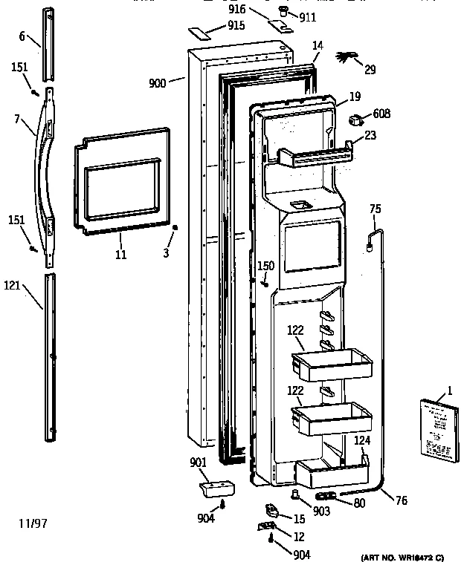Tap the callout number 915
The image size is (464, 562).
point(236,26)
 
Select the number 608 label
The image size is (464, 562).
point(381,114)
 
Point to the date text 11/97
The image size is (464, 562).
point(33,523)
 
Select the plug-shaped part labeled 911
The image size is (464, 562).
point(283,10)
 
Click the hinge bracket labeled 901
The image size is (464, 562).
point(216,489)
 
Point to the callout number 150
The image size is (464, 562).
point(265,265)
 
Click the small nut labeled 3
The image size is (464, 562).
point(175,229)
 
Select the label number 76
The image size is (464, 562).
point(401,500)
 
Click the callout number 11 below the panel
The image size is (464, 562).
point(120,255)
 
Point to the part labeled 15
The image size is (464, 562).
point(271,512)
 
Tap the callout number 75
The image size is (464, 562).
point(376,209)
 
